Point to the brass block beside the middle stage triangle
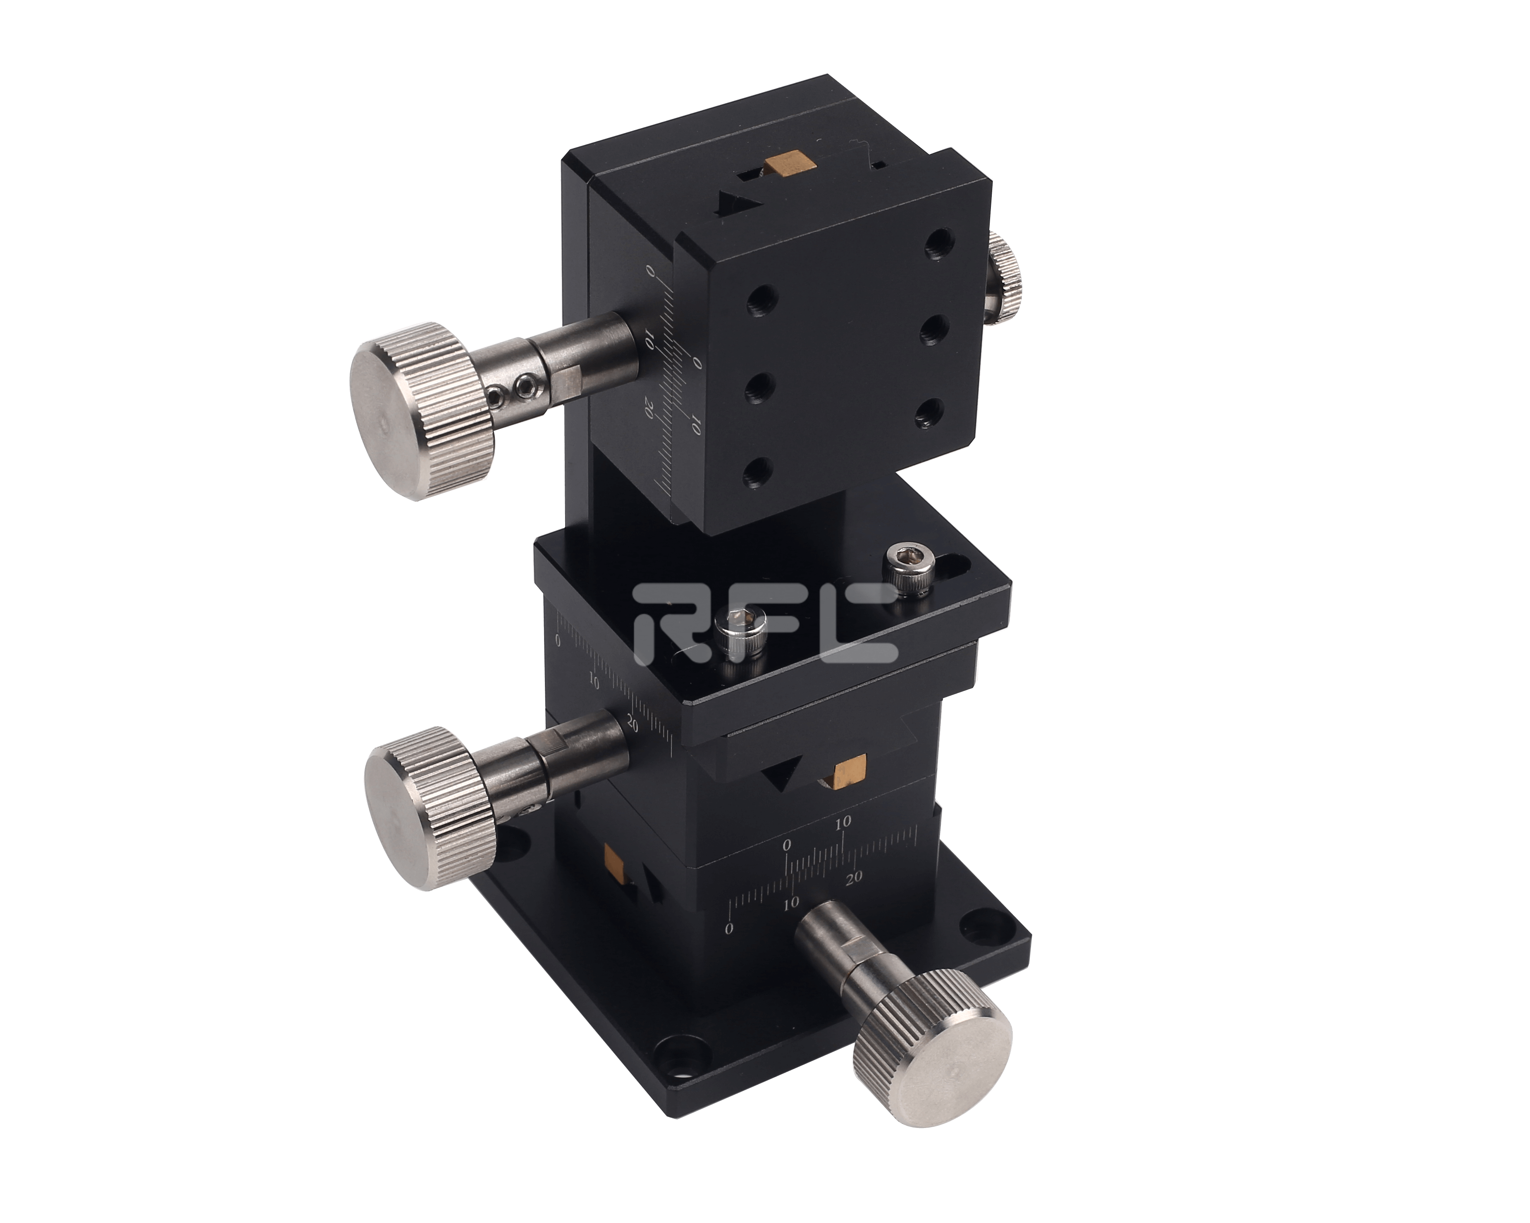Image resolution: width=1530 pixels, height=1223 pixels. click(850, 771)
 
